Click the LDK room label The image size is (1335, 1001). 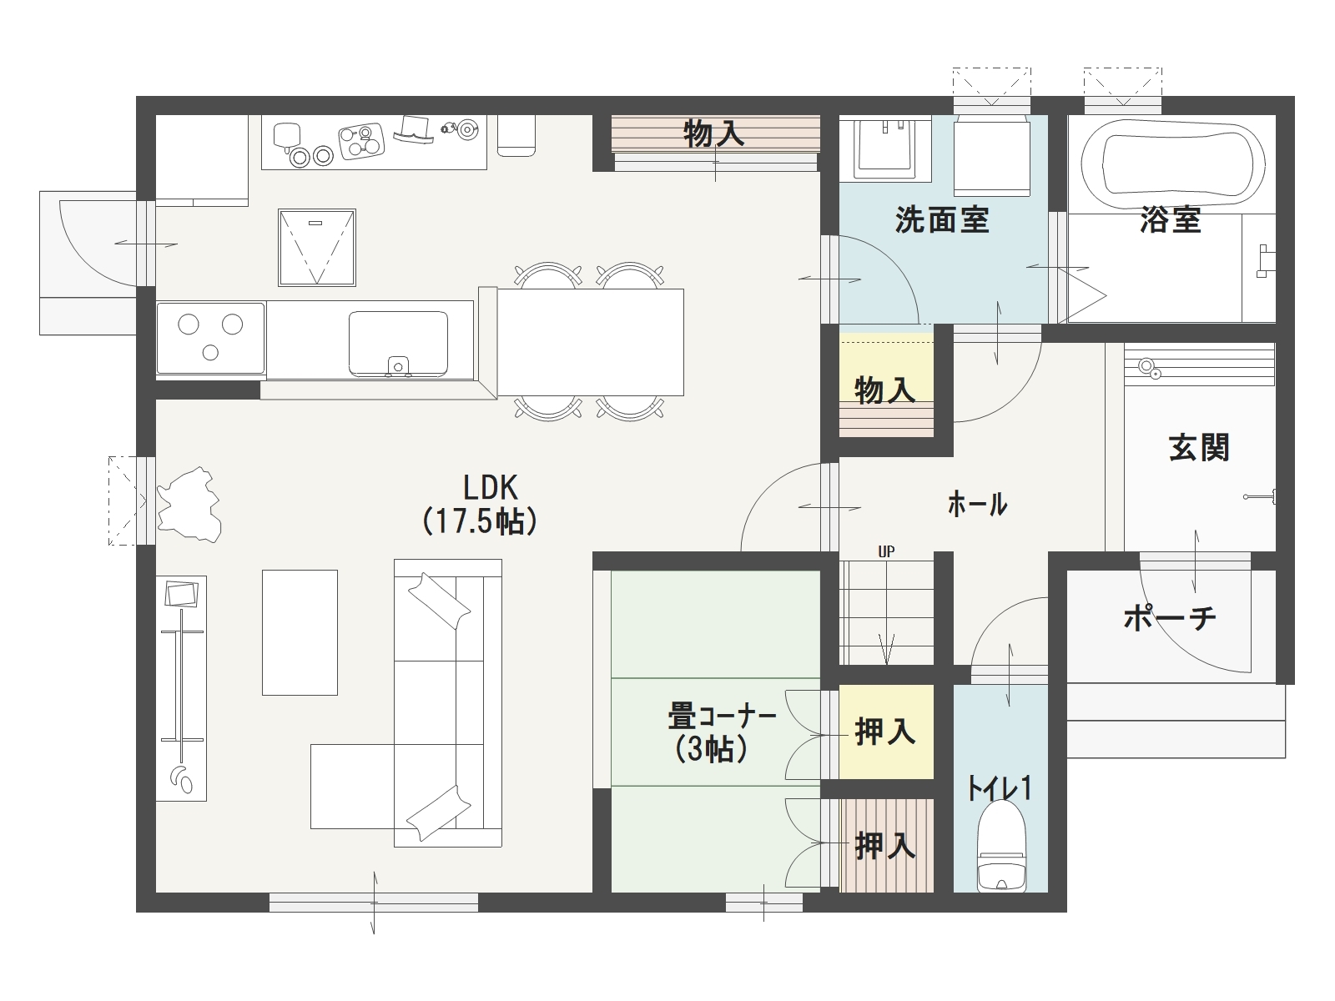(480, 505)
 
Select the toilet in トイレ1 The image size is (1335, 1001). (1001, 845)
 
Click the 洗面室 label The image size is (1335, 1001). (942, 220)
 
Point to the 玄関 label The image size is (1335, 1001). (1199, 447)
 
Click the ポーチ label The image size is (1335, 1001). (1169, 618)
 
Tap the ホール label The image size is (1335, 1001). (977, 505)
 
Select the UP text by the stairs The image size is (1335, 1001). (886, 551)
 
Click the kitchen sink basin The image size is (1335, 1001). (398, 344)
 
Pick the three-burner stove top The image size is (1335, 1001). (210, 339)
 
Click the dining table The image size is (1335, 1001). (591, 342)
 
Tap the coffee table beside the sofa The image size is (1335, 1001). (300, 632)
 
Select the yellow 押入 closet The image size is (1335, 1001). (886, 732)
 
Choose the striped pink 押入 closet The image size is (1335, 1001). (886, 845)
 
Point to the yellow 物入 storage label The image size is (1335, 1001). (885, 390)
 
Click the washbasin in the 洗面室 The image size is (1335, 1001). (885, 148)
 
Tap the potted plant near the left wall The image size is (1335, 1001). (189, 504)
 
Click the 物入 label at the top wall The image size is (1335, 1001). (714, 133)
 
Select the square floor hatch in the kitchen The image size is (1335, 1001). (317, 248)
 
